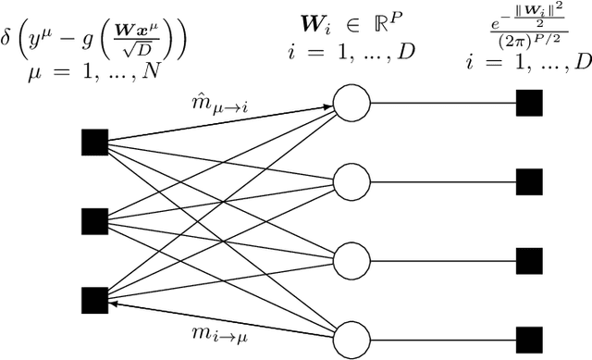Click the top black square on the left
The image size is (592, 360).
(93, 142)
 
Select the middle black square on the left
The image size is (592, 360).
(93, 220)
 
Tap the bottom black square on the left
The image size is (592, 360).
(93, 299)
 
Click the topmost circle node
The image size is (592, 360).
(352, 102)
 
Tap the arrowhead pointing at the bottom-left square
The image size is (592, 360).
(113, 302)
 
